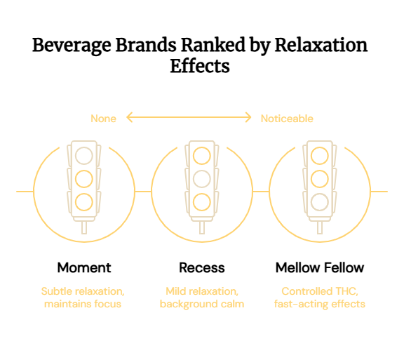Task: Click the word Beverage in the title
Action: click(x=72, y=46)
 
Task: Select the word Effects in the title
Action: click(x=200, y=66)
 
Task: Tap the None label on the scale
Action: click(x=103, y=119)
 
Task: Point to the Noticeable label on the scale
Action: click(x=287, y=119)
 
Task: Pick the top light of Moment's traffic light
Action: click(x=84, y=156)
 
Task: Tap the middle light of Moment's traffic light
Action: click(x=84, y=179)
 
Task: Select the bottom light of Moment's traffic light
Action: click(x=84, y=202)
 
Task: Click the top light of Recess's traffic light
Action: click(x=202, y=156)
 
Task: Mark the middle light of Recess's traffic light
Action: click(x=202, y=179)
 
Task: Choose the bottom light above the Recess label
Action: click(x=202, y=202)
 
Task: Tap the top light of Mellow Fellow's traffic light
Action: click(x=320, y=156)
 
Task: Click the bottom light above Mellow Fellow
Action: click(x=320, y=202)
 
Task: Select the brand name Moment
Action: click(x=84, y=267)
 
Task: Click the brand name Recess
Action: click(x=202, y=267)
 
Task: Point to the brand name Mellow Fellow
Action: click(x=320, y=267)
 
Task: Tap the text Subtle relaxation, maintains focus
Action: click(x=83, y=298)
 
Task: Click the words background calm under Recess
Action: click(x=202, y=304)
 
